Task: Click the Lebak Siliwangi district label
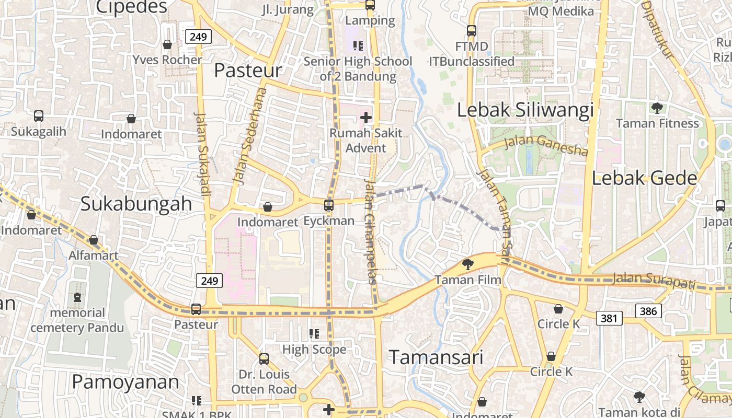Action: tap(525, 110)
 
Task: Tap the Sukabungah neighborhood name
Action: tap(136, 204)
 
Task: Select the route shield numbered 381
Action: tap(609, 318)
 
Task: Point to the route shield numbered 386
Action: tap(648, 311)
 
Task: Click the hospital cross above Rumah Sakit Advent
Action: tap(366, 118)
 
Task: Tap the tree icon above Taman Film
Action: tap(468, 264)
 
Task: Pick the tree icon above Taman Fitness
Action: tap(657, 108)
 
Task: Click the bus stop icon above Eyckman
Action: tap(329, 205)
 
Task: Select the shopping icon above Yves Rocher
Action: tap(167, 44)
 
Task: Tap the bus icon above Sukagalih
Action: tap(39, 115)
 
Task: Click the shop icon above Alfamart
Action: tap(94, 240)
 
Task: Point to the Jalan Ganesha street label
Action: tap(546, 146)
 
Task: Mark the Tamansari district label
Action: tap(436, 357)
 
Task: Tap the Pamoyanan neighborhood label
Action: tap(125, 382)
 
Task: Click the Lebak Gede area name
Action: tap(644, 178)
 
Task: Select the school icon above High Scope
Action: tap(314, 333)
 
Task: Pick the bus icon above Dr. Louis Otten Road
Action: tap(264, 359)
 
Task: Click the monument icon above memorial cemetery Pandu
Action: tap(77, 297)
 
